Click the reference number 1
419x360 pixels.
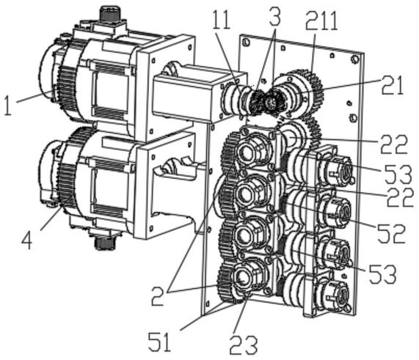(9, 106)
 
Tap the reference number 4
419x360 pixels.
(27, 241)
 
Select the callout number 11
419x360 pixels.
(222, 19)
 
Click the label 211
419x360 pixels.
(321, 21)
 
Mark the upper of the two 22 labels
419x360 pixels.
(393, 144)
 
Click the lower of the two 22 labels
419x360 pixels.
(399, 197)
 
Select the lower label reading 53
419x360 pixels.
(382, 273)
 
